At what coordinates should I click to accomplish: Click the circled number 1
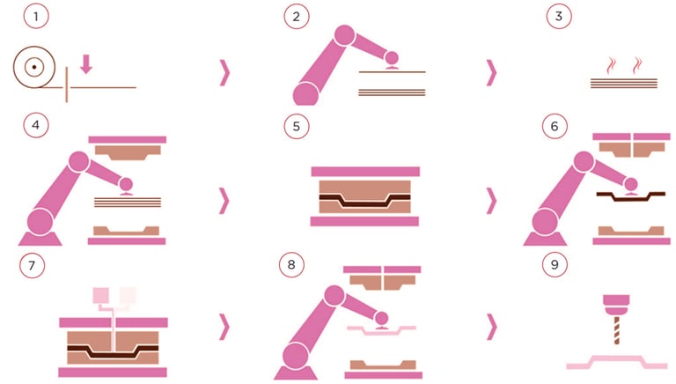pyautogui.click(x=36, y=17)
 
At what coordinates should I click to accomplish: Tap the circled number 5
pyautogui.click(x=296, y=127)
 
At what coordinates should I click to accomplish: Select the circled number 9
pyautogui.click(x=555, y=264)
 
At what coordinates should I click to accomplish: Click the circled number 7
pyautogui.click(x=32, y=265)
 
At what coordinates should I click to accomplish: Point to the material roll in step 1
pyautogui.click(x=34, y=67)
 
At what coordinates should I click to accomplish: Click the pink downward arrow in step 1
pyautogui.click(x=86, y=64)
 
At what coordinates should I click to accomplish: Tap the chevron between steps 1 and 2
pyautogui.click(x=224, y=73)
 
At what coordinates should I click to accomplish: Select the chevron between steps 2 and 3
pyautogui.click(x=491, y=73)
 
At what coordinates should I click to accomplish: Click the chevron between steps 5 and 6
pyautogui.click(x=491, y=201)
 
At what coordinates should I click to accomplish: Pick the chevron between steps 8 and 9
pyautogui.click(x=491, y=327)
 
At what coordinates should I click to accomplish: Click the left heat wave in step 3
pyautogui.click(x=611, y=65)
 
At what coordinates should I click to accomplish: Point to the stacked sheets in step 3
pyautogui.click(x=624, y=84)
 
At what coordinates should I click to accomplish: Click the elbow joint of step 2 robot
pyautogui.click(x=344, y=35)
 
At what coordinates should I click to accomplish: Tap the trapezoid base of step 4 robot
pyautogui.click(x=40, y=239)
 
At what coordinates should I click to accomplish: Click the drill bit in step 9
pyautogui.click(x=616, y=330)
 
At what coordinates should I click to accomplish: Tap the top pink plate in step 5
pyautogui.click(x=365, y=171)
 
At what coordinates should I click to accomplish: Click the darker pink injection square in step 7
pyautogui.click(x=101, y=296)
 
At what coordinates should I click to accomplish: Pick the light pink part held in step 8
pyautogui.click(x=381, y=331)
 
